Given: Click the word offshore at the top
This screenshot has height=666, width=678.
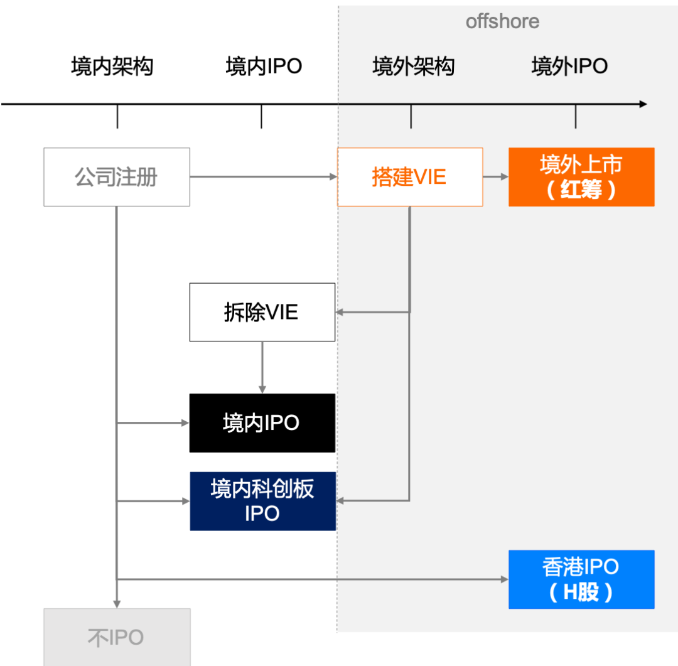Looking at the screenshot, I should click(502, 21).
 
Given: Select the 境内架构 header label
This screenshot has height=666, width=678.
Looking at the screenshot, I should click(112, 66).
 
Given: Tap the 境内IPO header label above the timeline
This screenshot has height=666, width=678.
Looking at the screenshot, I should click(264, 66).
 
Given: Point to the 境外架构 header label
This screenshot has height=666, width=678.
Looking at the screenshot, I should click(413, 66).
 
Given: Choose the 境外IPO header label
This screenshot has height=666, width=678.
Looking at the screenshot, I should click(569, 66).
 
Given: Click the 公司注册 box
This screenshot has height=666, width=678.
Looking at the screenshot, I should click(117, 177).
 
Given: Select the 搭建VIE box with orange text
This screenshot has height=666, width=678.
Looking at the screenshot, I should click(410, 177).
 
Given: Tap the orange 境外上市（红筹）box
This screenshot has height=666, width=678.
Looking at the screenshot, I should click(581, 177).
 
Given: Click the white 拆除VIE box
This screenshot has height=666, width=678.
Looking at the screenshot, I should click(262, 312).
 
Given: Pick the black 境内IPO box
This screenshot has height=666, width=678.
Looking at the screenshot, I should click(262, 423).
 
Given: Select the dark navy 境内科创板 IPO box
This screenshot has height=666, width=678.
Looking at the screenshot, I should click(262, 501).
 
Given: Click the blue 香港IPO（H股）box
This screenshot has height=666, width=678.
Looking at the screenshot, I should click(581, 579).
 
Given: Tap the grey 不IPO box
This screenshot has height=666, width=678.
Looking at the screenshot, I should click(117, 637).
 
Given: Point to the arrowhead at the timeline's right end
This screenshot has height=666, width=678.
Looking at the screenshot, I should click(642, 104).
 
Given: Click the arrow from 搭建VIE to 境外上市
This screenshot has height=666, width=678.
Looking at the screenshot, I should click(496, 177).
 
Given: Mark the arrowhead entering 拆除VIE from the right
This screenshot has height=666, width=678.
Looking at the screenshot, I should click(340, 312).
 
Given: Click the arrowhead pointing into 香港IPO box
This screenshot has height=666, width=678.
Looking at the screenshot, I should click(504, 579).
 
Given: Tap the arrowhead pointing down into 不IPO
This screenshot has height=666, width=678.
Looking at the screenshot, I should click(117, 603).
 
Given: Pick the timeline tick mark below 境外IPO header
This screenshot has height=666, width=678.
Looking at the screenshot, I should click(576, 117).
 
